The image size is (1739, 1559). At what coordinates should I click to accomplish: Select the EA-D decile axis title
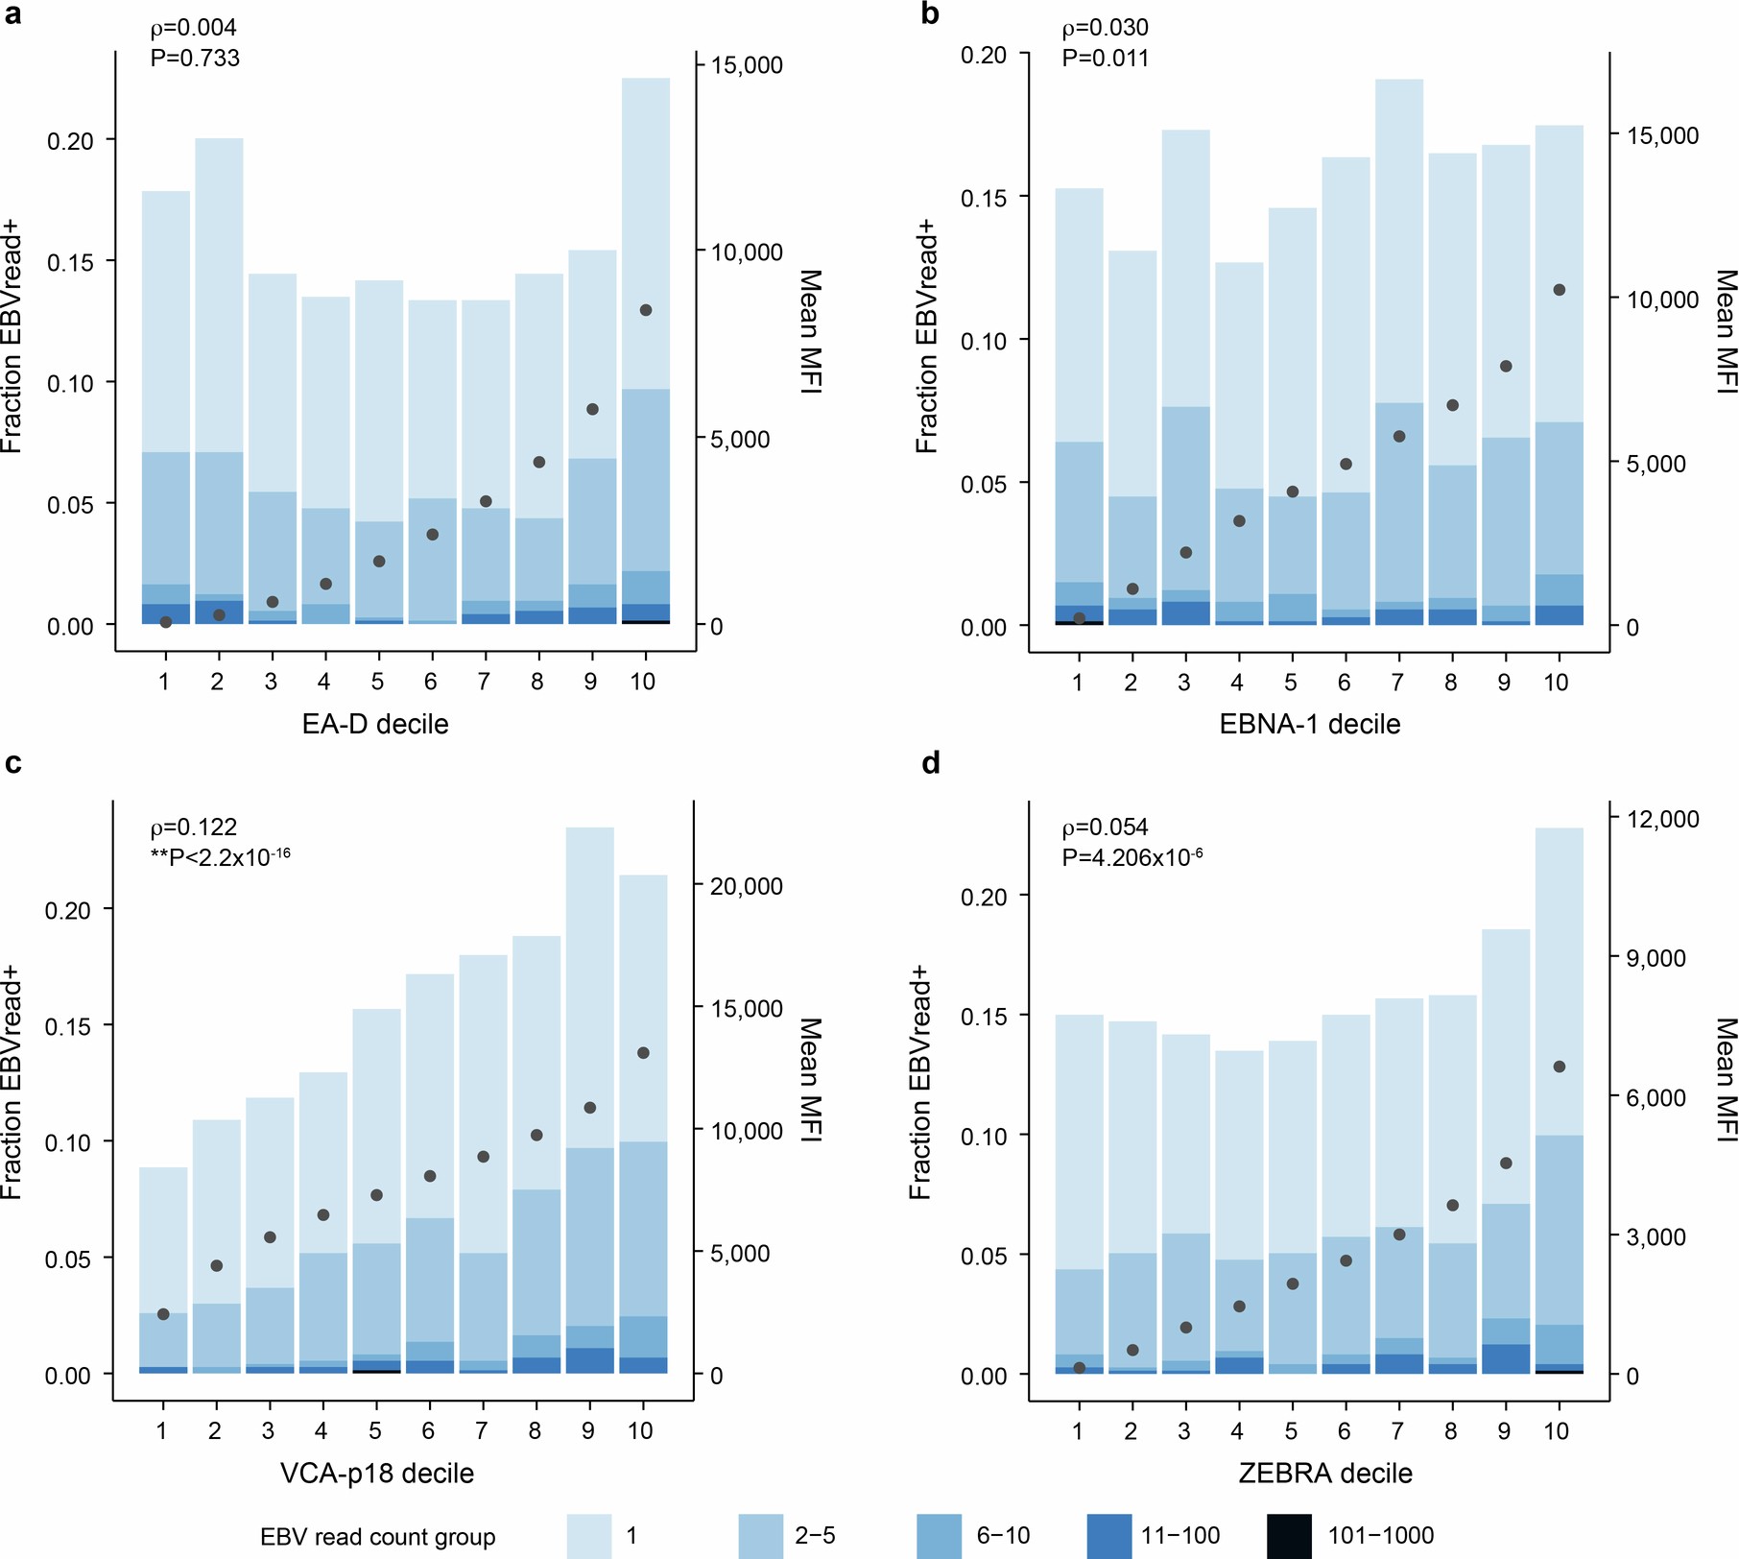(375, 724)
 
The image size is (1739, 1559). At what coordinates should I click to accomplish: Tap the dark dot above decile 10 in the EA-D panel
(646, 310)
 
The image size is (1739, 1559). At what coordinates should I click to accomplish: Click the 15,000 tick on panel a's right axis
(746, 65)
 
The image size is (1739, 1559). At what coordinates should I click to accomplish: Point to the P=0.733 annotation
(195, 58)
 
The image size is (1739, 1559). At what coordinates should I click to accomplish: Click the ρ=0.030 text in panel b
(1105, 27)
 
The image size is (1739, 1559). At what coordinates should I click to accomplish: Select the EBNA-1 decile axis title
(1309, 724)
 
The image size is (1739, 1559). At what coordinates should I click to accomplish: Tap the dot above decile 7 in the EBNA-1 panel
(1399, 436)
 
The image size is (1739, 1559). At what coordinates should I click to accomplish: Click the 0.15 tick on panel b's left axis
(984, 198)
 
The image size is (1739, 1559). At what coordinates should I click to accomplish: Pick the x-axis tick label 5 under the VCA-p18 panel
(374, 1430)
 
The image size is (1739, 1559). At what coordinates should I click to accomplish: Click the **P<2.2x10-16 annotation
(221, 856)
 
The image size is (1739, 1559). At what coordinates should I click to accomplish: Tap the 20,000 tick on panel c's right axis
(746, 886)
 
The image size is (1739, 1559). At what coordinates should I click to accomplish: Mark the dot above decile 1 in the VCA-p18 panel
(163, 1314)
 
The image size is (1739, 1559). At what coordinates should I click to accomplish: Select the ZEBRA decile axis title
(1324, 1474)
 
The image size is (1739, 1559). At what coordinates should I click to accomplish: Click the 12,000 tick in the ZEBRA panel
(1662, 819)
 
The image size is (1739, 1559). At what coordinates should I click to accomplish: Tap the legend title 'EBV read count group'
(377, 1537)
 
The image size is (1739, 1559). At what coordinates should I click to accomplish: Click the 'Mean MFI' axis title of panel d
(1725, 1079)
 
